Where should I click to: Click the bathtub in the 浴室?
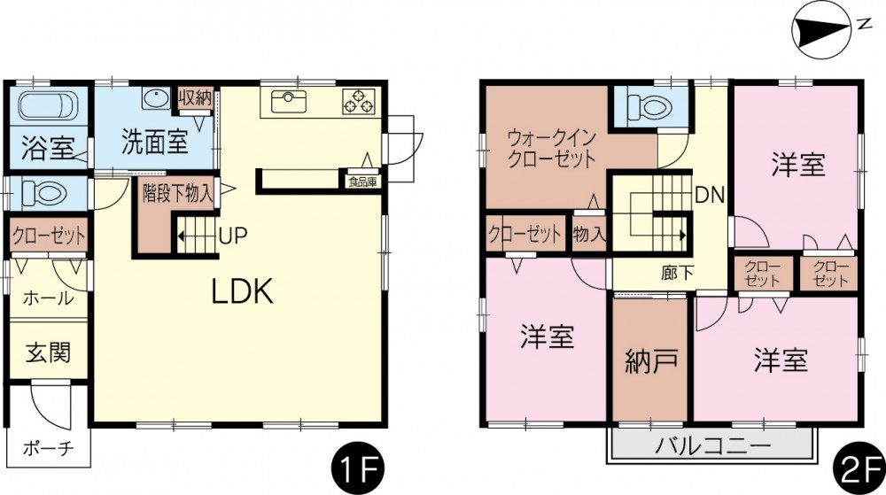[48, 105]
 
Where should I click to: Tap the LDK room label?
[243, 292]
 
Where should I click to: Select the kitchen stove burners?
[358, 102]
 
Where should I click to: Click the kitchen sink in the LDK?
[289, 102]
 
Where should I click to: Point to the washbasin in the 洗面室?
[155, 99]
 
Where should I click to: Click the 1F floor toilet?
[44, 194]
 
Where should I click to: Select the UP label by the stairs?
[233, 236]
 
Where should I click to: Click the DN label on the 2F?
[710, 196]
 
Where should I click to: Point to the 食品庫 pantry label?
[362, 182]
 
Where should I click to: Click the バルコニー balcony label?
[712, 446]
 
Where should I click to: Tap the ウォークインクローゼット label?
[552, 149]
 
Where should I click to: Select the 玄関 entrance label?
[49, 353]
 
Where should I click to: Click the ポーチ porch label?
[49, 449]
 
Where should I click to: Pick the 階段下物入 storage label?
[177, 194]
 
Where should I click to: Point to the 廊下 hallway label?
[678, 274]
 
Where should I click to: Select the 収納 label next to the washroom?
[195, 98]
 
